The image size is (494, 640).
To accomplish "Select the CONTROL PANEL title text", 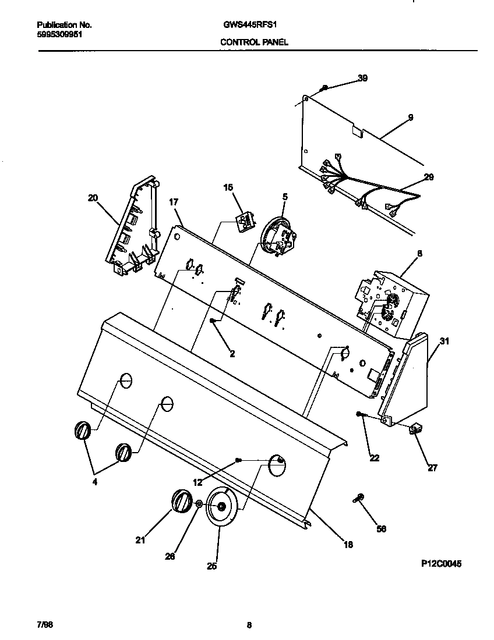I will [254, 42].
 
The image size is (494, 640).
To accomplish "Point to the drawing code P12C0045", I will [442, 564].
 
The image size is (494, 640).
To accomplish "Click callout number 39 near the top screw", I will [362, 79].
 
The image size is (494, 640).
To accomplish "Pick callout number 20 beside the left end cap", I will [93, 198].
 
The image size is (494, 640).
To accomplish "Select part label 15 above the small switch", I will [228, 187].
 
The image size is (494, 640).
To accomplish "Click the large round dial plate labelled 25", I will [221, 507].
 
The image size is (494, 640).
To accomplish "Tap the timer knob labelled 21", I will [182, 501].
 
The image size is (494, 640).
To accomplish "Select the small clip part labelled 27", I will [416, 430].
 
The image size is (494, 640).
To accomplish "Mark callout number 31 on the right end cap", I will [444, 342].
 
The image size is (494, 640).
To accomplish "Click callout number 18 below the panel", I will [348, 545].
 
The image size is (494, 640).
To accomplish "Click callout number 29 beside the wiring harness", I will [428, 177].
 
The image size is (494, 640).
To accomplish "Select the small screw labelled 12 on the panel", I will [238, 460].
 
